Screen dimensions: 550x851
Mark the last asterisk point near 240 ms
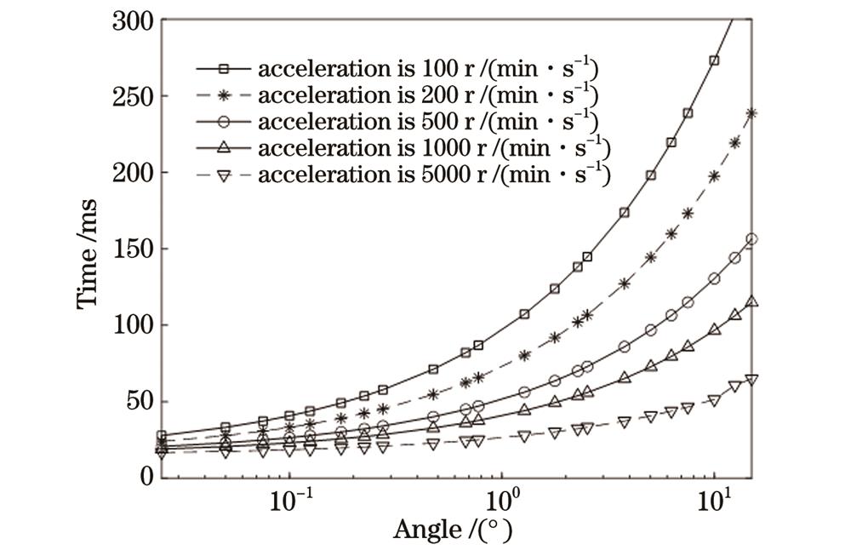click(751, 112)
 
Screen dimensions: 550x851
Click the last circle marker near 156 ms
click(751, 239)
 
